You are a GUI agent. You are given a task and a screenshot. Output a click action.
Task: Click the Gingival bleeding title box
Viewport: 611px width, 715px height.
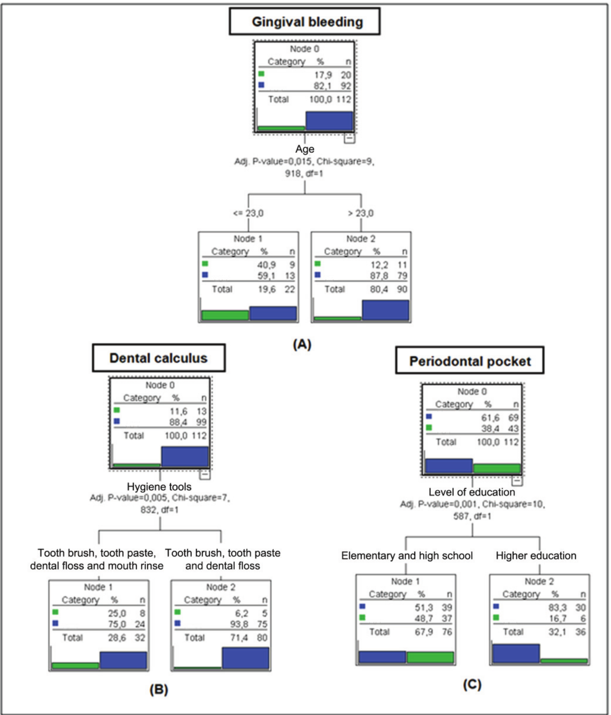(305, 22)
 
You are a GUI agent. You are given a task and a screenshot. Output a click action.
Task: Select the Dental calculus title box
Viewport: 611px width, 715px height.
(158, 358)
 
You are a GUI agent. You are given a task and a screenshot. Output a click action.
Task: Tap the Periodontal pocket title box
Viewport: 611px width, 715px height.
(470, 361)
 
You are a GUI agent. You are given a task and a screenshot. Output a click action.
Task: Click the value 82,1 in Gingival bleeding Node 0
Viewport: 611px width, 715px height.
(322, 86)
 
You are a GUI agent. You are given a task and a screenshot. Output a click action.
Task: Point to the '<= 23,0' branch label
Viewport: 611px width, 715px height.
(248, 213)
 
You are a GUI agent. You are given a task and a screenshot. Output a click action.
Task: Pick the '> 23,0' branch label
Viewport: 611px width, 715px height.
(361, 213)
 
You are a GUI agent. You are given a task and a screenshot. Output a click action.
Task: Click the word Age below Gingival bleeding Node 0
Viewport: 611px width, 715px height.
(305, 149)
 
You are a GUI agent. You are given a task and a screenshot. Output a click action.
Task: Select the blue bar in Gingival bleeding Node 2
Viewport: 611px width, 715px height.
(385, 310)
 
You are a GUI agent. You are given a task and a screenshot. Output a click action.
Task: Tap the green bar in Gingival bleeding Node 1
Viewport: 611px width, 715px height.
(225, 315)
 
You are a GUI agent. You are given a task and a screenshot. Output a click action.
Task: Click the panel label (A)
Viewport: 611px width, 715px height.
(302, 344)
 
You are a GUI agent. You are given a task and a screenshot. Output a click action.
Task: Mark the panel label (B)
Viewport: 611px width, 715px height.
(158, 690)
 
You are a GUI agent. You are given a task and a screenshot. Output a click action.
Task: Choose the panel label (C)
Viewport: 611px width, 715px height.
(472, 684)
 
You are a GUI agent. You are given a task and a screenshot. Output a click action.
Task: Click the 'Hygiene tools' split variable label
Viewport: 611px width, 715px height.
(159, 487)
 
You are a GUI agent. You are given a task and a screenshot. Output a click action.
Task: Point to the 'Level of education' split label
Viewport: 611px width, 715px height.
(472, 492)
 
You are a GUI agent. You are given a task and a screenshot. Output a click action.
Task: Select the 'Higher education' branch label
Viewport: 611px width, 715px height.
(536, 556)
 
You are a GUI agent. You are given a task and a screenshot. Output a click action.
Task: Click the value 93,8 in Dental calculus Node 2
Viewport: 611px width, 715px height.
(239, 624)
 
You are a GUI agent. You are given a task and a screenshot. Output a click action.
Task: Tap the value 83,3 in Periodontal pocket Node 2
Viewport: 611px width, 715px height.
(557, 607)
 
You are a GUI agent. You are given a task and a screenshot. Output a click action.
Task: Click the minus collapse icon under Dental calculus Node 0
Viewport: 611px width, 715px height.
(205, 475)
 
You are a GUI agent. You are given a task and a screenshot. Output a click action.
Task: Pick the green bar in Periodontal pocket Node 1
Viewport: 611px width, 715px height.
(430, 657)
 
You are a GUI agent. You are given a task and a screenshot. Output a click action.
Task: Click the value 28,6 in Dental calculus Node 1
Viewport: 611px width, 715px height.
(117, 638)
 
